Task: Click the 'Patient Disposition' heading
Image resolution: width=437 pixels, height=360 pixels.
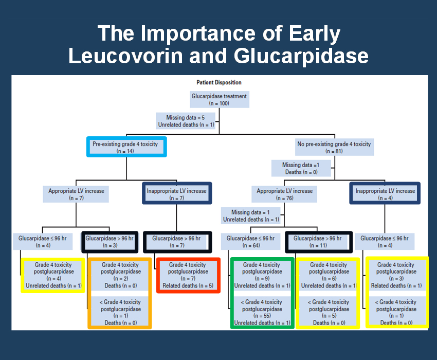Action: pos(219,82)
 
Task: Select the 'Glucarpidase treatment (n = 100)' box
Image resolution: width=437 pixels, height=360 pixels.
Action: pos(220,100)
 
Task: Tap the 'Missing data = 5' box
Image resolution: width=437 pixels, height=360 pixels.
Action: pos(186,121)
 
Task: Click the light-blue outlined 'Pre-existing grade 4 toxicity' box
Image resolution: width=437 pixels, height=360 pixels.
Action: pos(126,147)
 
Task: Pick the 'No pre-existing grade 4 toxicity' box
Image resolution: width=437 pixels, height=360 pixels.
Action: pos(335,147)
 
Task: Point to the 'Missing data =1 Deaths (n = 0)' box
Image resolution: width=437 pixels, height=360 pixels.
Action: pos(301,168)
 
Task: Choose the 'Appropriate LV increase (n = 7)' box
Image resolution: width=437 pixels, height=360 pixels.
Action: pos(76,194)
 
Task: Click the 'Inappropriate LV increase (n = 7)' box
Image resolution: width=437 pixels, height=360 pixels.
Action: pos(177,193)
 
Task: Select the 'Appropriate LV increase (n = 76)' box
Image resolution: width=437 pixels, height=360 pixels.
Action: pos(284,194)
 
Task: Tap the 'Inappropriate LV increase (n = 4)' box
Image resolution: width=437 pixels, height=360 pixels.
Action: pos(385,193)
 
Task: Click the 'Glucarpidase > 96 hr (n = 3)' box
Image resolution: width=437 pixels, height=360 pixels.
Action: pos(110,242)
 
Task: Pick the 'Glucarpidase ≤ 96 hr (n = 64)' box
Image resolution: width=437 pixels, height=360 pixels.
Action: pos(250,242)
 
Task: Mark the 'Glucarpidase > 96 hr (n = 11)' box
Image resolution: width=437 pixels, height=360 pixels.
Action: pos(319,242)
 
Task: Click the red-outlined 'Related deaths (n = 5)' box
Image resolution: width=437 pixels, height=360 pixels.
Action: pos(188,275)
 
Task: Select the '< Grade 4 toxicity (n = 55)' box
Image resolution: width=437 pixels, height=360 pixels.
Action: pos(262,311)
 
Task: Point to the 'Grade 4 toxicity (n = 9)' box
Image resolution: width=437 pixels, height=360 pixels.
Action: pos(262,275)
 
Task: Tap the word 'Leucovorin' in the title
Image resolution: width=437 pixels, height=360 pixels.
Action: pos(126,56)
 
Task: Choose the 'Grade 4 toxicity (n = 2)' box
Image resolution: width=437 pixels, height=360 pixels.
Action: pos(120,275)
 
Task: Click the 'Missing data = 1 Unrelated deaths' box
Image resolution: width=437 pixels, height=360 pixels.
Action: pos(251,215)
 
